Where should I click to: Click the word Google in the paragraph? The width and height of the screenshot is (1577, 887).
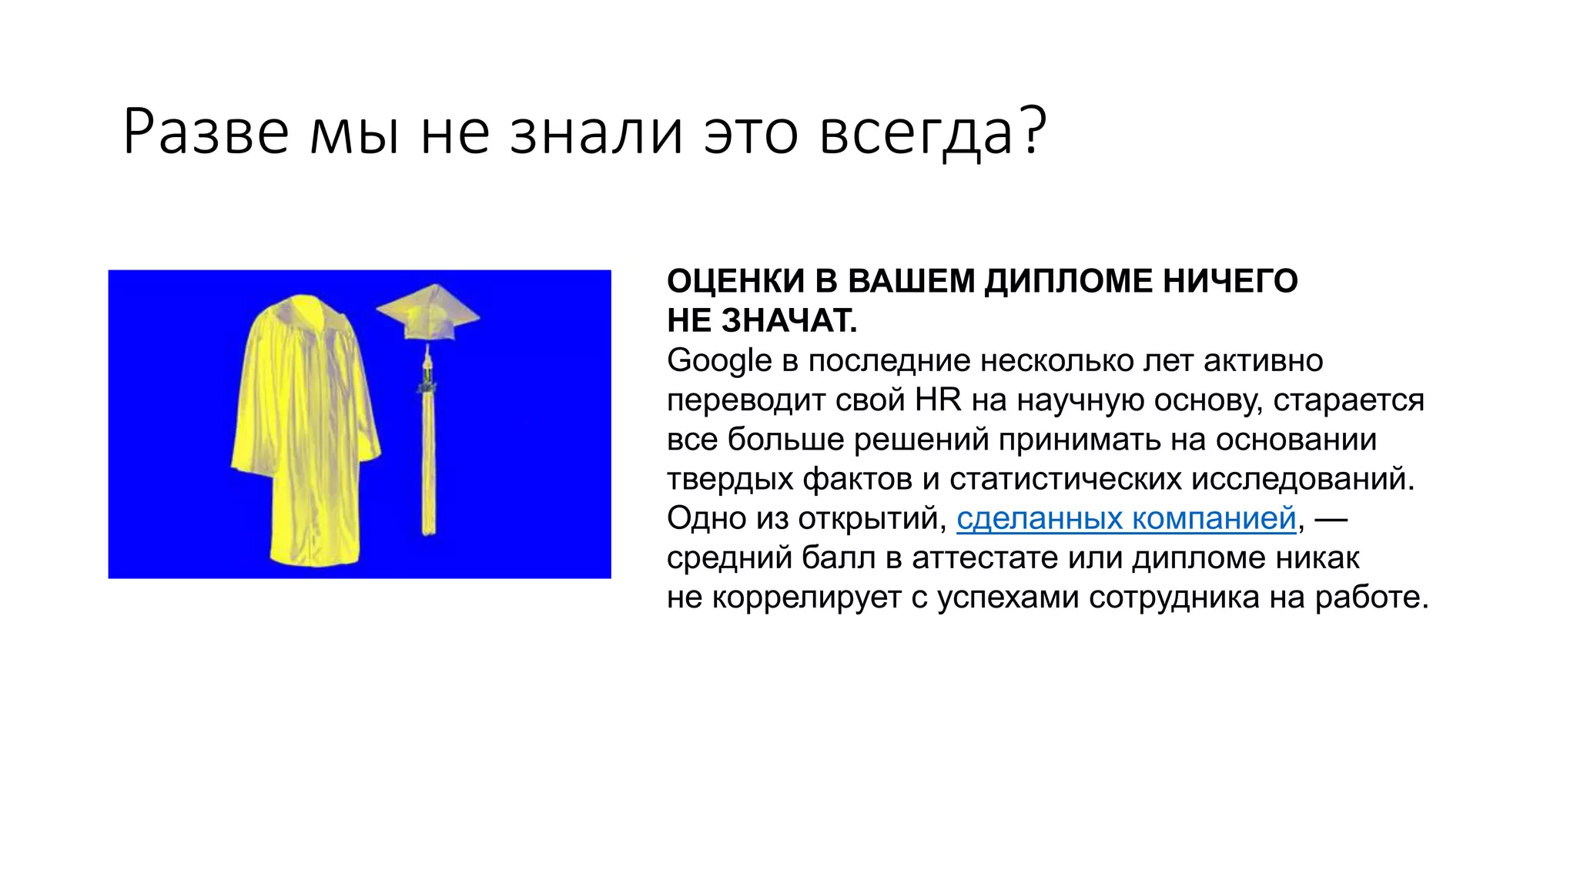(x=719, y=361)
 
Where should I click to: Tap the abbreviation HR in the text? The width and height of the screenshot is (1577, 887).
(x=938, y=400)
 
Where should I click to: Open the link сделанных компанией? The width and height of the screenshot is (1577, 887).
(x=1126, y=519)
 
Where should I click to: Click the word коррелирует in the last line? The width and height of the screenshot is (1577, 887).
(x=806, y=597)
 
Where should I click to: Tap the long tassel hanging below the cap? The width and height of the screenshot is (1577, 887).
(x=427, y=454)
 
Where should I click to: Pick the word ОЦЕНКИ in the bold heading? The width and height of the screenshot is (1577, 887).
(x=735, y=282)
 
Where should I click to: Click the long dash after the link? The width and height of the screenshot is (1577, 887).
(x=1331, y=519)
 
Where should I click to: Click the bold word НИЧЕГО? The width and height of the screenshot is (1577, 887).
(x=1230, y=282)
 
